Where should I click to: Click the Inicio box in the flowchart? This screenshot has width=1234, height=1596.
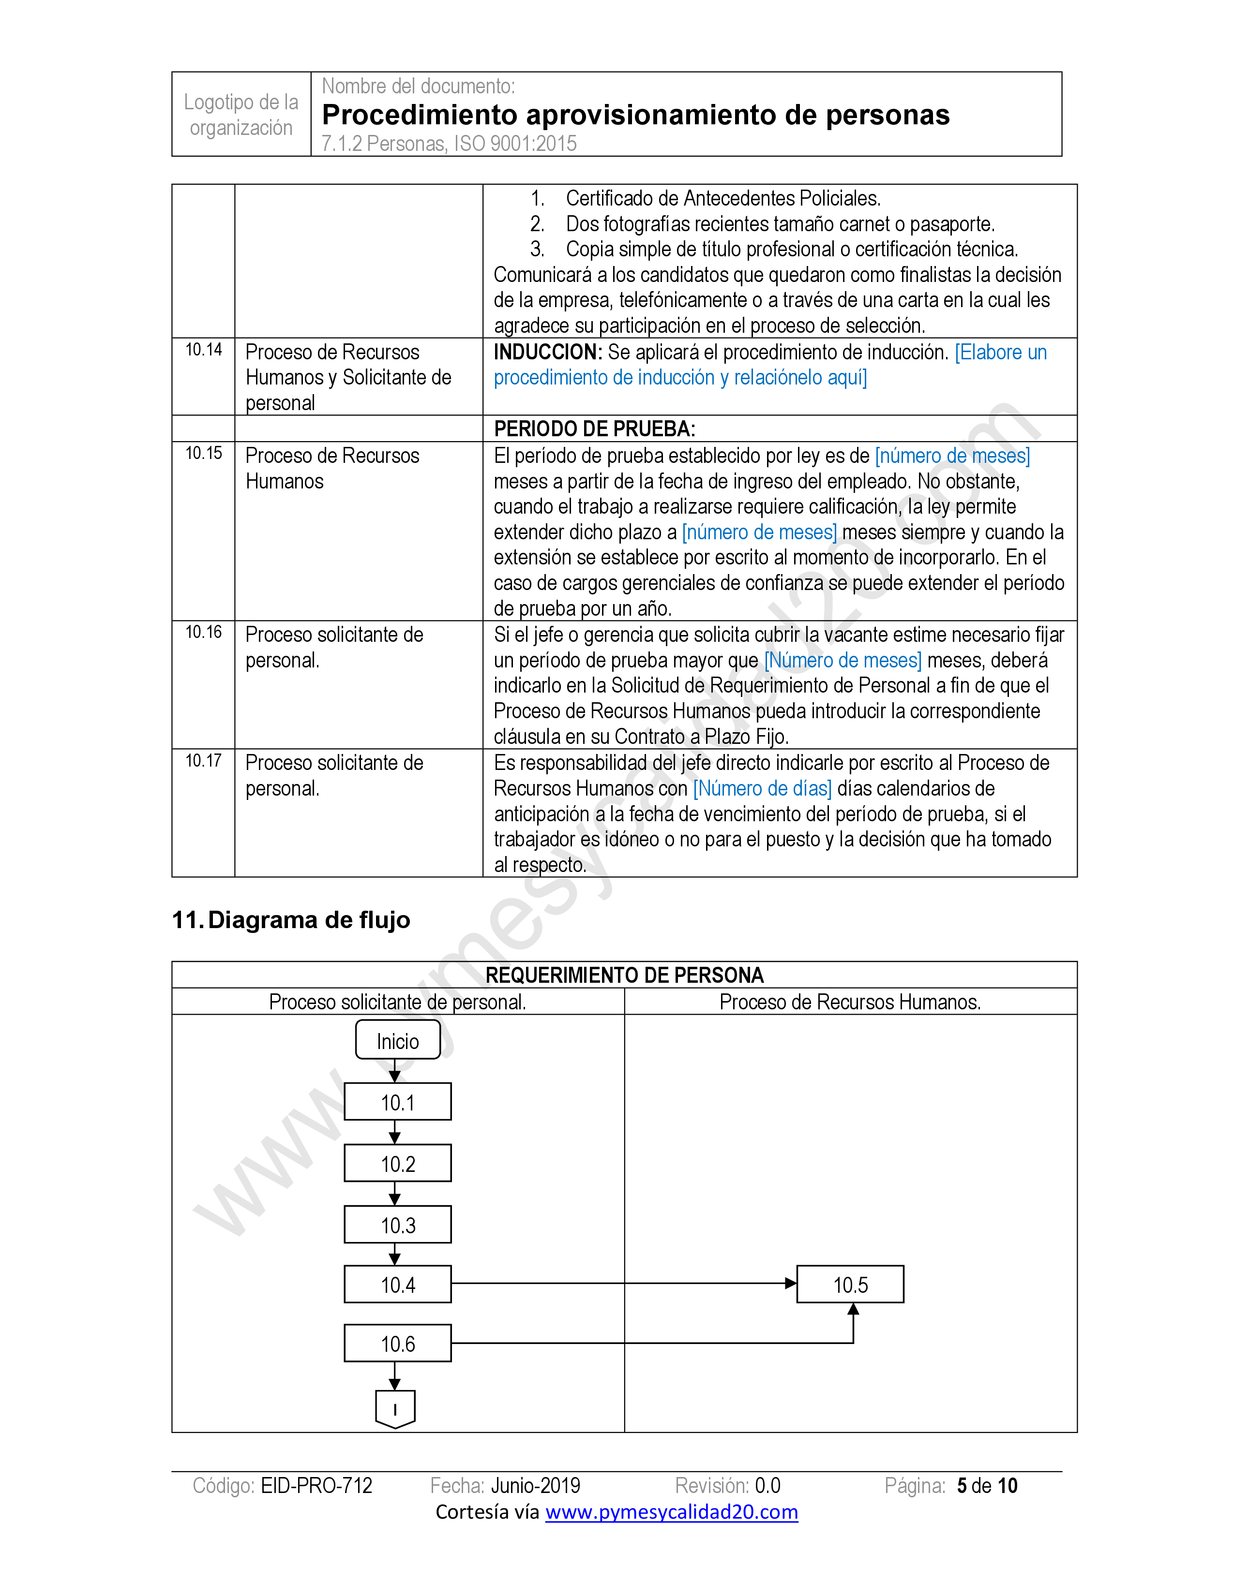pos(398,1040)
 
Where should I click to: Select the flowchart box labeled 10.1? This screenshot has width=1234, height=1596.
pos(398,1102)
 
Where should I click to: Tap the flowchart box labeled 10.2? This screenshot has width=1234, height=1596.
pos(398,1163)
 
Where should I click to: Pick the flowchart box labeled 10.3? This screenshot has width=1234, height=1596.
pos(398,1225)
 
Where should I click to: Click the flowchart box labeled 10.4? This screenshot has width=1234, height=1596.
pos(398,1285)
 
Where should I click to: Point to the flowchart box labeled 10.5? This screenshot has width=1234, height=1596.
pos(850,1285)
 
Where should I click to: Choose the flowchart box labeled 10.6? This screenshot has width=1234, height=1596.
pos(398,1343)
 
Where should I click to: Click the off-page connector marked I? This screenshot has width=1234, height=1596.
pos(395,1408)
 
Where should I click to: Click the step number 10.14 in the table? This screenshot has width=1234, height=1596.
pos(203,350)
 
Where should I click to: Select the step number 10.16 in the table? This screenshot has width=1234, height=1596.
pos(203,632)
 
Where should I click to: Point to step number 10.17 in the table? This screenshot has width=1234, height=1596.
pos(203,761)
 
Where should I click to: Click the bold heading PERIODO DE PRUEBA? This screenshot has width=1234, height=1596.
pos(594,429)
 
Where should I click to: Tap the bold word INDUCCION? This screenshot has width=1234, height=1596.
pos(547,352)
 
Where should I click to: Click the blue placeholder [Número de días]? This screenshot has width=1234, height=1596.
pos(763,788)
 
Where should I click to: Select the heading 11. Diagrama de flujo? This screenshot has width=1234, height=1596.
pos(291,919)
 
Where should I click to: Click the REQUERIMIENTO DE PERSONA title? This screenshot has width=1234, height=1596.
pos(624,975)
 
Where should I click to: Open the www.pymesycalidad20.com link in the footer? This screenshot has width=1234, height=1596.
pos(671,1511)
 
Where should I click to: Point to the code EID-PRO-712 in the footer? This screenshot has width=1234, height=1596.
pos(316,1486)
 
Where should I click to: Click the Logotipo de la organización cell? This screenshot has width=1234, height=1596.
pos(241,115)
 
